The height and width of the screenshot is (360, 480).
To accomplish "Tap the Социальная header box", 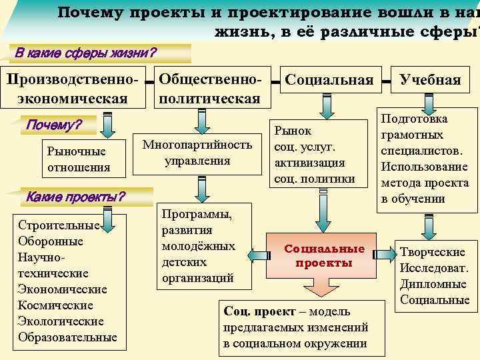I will [329, 81].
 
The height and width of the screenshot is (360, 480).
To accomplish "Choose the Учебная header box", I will [430, 81].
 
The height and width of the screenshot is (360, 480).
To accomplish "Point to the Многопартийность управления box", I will [197, 153].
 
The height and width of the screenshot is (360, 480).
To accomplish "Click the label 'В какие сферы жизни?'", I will [87, 53].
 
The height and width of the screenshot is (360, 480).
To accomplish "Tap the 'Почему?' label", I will [53, 125].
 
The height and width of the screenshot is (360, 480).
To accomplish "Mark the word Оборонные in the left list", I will [51, 241].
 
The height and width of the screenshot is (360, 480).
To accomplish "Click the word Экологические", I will [59, 321].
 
